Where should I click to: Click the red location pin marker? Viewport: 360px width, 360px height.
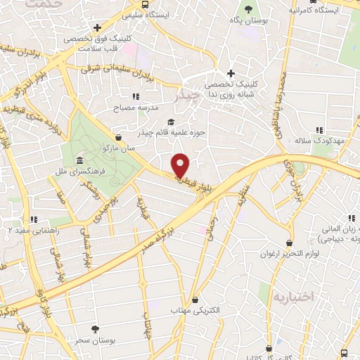click(181, 165)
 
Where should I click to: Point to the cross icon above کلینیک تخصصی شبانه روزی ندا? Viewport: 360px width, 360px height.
click(231, 73)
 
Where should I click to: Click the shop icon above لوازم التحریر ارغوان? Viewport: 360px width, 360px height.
click(272, 241)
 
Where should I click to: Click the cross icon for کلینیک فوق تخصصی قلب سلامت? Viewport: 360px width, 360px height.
click(98, 28)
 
